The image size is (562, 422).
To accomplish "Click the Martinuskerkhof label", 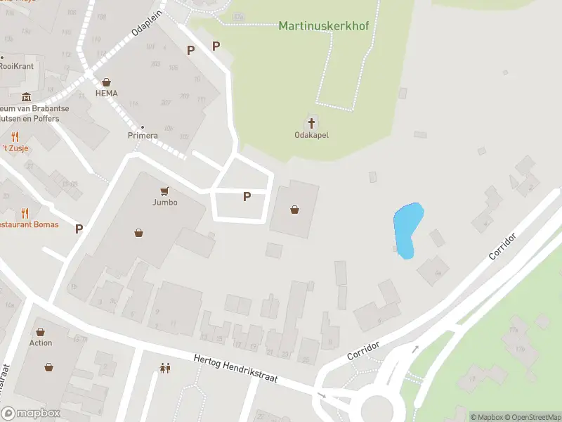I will [323, 26].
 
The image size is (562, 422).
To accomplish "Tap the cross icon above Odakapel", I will [312, 121].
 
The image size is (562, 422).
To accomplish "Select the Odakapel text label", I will [312, 135].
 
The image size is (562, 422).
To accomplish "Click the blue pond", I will [407, 229].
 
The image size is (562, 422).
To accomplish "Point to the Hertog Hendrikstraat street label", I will [235, 368].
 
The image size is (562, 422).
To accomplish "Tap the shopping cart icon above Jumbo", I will [165, 191].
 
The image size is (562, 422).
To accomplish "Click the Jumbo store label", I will [165, 203].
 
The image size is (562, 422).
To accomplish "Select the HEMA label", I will [107, 94].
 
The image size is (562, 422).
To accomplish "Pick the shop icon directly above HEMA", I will [107, 82].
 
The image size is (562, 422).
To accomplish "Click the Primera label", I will [143, 135].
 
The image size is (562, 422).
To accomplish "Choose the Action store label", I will [41, 343].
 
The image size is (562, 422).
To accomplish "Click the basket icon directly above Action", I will [41, 331].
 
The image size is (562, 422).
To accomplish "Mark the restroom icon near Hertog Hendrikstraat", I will [165, 367].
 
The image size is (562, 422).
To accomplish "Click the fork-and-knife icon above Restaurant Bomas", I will [25, 213].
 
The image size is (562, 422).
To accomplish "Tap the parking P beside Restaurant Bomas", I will [79, 228].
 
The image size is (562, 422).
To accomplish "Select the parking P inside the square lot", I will [247, 197].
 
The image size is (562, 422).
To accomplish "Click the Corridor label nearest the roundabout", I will [363, 351].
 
